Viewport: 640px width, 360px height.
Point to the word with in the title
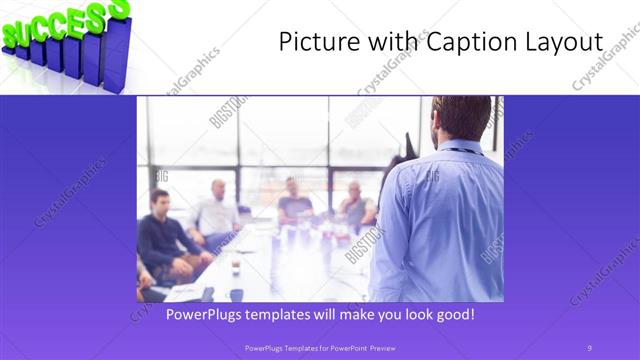pyautogui.click(x=384, y=42)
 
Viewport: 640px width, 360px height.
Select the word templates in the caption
pyautogui.click(x=291, y=314)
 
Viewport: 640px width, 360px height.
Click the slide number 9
pyautogui.click(x=588, y=347)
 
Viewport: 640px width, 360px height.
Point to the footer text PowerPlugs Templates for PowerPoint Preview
pyautogui.click(x=319, y=347)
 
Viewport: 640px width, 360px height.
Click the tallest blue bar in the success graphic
pyautogui.click(x=116, y=55)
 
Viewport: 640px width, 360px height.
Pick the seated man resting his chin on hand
pyautogui.click(x=355, y=204)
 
